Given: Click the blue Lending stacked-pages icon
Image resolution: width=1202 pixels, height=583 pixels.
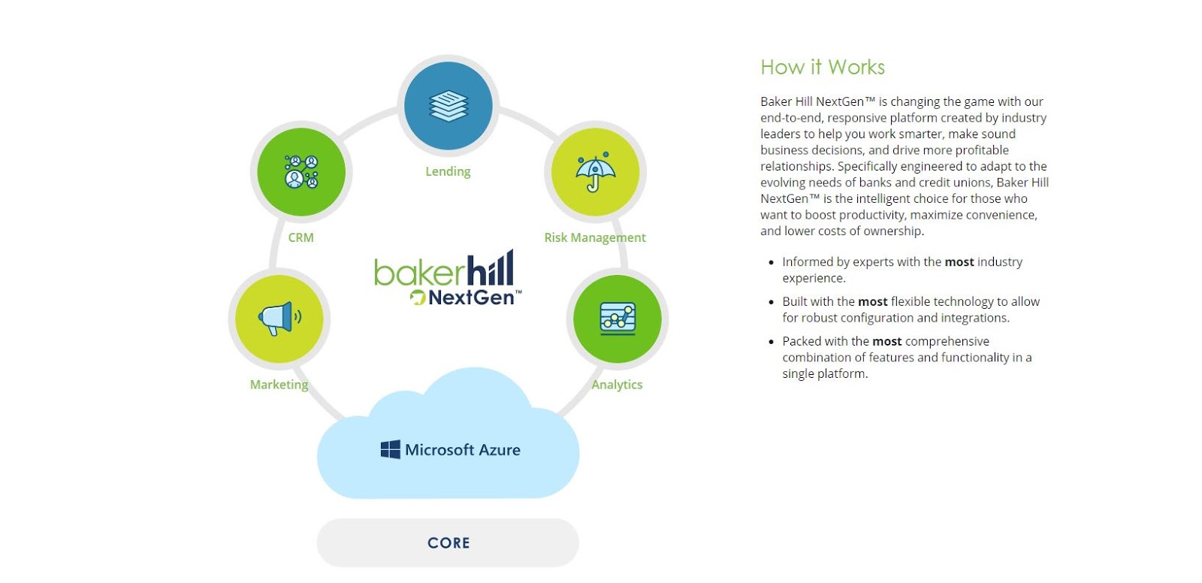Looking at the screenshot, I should tap(448, 106).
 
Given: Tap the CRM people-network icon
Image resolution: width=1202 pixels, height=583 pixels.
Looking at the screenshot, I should tap(301, 172).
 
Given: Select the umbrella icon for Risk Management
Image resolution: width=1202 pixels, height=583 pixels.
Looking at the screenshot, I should tap(595, 172).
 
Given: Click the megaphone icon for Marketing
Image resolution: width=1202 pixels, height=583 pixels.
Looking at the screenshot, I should tap(279, 319).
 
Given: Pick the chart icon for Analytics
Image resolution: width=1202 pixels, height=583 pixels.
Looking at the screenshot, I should tap(618, 319).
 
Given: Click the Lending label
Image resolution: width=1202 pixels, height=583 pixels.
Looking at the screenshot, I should tap(448, 171).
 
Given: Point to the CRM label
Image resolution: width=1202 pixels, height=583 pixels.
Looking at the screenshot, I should tap(301, 237).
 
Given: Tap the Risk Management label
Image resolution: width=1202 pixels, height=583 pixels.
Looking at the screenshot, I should tap(595, 237).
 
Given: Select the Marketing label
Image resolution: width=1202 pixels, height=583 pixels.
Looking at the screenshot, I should tap(279, 385).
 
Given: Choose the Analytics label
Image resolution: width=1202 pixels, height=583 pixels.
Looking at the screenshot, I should tap(617, 385).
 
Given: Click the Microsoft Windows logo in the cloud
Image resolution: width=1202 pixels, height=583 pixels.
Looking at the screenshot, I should tap(391, 450).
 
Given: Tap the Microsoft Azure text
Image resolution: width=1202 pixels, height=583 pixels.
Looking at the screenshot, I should tap(463, 450).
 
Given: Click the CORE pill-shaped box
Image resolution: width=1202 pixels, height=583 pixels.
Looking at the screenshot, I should tap(448, 542).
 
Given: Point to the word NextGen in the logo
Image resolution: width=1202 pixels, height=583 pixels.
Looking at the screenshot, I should tap(472, 298).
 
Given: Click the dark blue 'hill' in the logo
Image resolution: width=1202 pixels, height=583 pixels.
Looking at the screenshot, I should tap(491, 269).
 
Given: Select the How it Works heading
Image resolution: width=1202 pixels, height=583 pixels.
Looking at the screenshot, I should tap(823, 68).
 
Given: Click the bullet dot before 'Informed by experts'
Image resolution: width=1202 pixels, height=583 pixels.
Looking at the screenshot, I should tap(771, 263).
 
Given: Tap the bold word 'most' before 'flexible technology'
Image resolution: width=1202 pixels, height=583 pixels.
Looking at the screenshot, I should tap(873, 302).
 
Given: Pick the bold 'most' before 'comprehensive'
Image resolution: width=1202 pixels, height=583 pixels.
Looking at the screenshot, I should tap(887, 342).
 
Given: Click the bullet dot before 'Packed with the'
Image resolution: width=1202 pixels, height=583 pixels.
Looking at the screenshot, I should tap(771, 342).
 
